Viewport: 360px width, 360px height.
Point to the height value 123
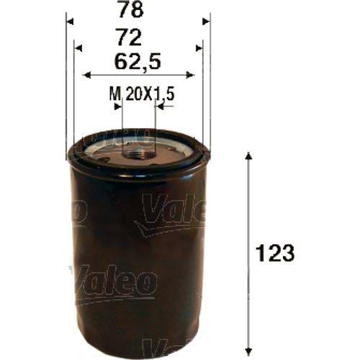tap(276, 253)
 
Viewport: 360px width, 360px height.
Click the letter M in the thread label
tap(113, 94)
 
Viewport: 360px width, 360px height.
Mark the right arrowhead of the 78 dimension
tap(206, 22)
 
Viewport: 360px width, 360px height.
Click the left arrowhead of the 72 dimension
tap(78, 48)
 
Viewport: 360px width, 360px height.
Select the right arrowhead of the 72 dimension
tap(197, 48)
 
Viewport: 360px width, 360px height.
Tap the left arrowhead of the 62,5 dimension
tap(88, 73)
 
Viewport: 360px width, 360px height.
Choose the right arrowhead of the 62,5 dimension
tap(188, 73)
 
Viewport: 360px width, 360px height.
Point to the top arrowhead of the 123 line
tap(248, 156)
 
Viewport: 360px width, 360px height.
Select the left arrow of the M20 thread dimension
tap(119, 106)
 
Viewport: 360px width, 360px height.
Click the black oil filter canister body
tap(137, 252)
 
